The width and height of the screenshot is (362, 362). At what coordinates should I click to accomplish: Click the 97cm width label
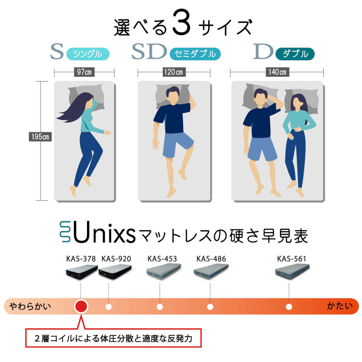(84, 72)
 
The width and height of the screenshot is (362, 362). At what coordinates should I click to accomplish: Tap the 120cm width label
(173, 72)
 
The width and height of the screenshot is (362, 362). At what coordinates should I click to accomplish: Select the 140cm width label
(277, 72)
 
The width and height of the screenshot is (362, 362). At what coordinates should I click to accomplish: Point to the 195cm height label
(40, 137)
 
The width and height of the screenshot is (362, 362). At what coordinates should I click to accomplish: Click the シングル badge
(88, 54)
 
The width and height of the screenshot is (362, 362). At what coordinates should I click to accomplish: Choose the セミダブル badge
(195, 54)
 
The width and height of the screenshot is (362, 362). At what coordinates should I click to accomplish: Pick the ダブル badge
(295, 54)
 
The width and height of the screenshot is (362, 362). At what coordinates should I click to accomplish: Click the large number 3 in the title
(181, 22)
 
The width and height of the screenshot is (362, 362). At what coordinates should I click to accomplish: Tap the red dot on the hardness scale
(81, 306)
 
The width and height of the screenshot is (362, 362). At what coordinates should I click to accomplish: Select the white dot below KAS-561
(289, 307)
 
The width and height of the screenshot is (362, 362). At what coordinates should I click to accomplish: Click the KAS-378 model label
(81, 259)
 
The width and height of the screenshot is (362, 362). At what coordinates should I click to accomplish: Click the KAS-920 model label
(116, 259)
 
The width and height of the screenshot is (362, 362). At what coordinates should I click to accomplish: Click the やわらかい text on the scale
(30, 306)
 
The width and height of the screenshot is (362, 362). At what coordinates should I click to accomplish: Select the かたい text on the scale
(340, 306)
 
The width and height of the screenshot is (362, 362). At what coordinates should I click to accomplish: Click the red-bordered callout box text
(113, 338)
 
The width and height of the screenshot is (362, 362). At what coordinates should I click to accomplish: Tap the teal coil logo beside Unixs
(65, 232)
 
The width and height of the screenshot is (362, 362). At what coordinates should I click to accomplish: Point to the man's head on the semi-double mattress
(173, 95)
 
